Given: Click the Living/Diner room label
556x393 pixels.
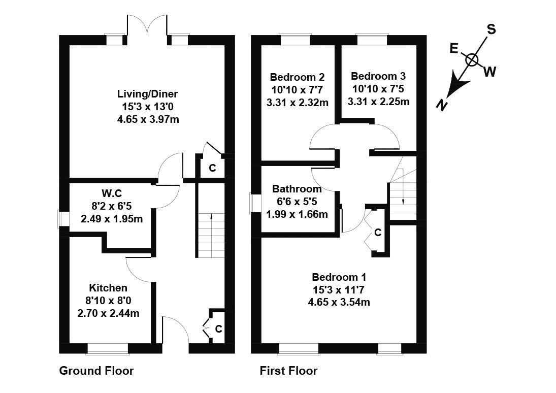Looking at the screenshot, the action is (x=147, y=94).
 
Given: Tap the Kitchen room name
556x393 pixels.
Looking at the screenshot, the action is (x=108, y=288).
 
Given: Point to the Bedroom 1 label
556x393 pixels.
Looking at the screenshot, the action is (x=339, y=277).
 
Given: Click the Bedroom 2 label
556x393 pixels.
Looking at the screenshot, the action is (x=297, y=77).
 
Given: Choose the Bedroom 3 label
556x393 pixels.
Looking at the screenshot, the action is (x=378, y=76).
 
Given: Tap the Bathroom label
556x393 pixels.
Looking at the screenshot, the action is (x=297, y=189).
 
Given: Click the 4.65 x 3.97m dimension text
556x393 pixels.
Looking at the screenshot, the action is (x=147, y=120).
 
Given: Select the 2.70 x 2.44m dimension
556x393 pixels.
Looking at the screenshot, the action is (x=108, y=313).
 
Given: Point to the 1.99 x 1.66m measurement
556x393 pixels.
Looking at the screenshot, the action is (x=297, y=214).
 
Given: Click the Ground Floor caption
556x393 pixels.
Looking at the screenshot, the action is (x=96, y=371).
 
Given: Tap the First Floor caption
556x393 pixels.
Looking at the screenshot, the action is (x=288, y=371).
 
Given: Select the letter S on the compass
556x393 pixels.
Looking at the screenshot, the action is (x=491, y=29).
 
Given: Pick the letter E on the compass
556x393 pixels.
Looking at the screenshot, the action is (x=454, y=48).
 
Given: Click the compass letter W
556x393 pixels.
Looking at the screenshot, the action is (x=489, y=72).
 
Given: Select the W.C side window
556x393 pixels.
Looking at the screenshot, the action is (x=63, y=218).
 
